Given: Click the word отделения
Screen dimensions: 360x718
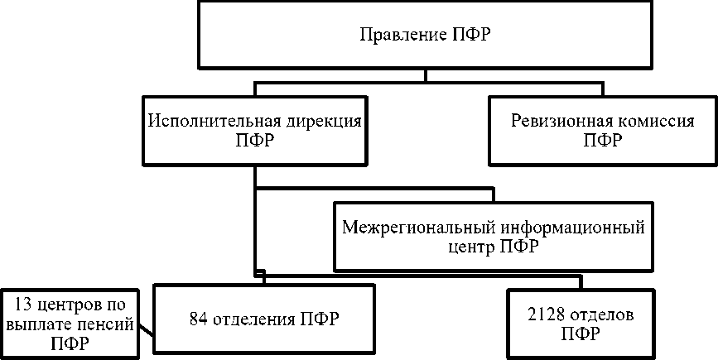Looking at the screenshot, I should pyautogui.click(x=254, y=317).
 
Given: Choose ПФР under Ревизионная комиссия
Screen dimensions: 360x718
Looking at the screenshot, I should pyautogui.click(x=602, y=140).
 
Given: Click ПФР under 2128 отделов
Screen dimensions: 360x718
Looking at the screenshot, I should pyautogui.click(x=580, y=334).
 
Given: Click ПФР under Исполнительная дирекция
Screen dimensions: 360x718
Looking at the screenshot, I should pyautogui.click(x=256, y=140).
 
